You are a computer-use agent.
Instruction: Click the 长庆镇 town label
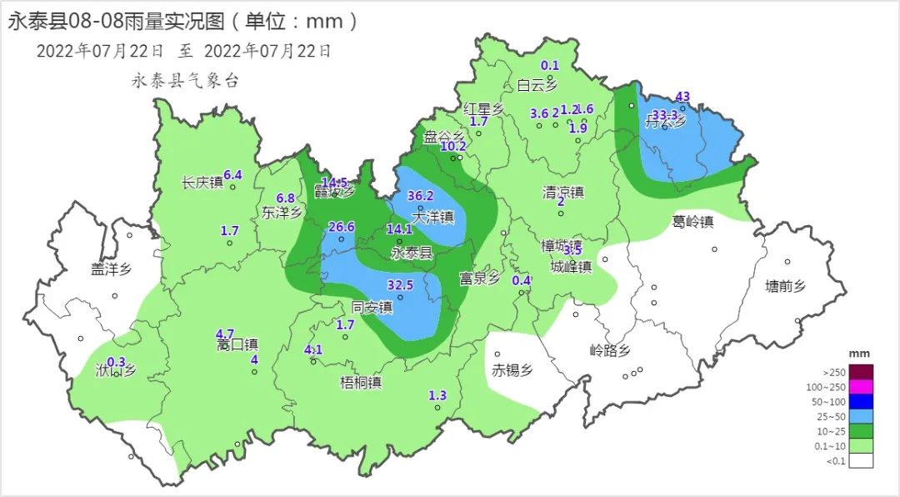click(202, 183)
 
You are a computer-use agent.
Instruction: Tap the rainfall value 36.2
click(422, 197)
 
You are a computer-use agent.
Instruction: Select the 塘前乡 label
click(786, 287)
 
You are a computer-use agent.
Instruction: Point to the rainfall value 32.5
click(400, 285)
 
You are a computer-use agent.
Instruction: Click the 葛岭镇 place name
click(693, 222)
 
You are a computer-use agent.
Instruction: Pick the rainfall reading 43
click(683, 97)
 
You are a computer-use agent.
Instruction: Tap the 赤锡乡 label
click(512, 369)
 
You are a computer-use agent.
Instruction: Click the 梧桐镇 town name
click(360, 383)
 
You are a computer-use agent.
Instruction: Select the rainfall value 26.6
click(342, 227)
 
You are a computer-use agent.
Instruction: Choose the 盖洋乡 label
click(112, 269)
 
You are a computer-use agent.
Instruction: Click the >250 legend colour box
click(862, 371)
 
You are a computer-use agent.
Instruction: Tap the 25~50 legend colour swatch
click(862, 416)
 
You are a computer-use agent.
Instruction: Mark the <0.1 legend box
click(862, 461)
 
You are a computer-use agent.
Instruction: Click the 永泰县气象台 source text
click(185, 82)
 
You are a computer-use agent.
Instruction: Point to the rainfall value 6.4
click(232, 175)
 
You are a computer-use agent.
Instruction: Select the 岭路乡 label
click(609, 350)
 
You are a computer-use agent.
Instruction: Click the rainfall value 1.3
click(437, 395)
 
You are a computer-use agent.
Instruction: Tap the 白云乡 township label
click(537, 84)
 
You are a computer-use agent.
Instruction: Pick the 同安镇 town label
click(372, 307)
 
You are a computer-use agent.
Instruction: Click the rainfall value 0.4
click(521, 280)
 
